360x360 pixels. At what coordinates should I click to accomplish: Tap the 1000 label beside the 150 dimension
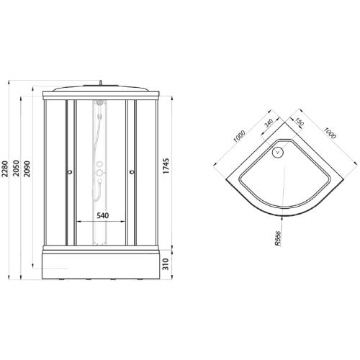click(x=328, y=137)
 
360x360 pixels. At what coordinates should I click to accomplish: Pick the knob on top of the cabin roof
click(x=101, y=83)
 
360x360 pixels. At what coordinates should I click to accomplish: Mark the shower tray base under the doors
click(x=100, y=263)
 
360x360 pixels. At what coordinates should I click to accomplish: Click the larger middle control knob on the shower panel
click(x=99, y=174)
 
